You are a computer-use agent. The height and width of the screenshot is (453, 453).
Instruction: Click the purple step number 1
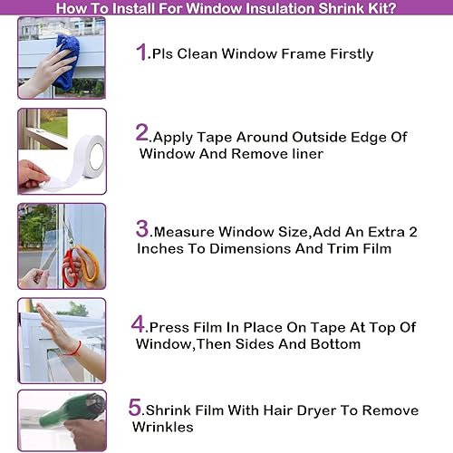pyautogui.click(x=141, y=52)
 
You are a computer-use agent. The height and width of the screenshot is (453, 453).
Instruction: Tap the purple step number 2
pyautogui.click(x=142, y=133)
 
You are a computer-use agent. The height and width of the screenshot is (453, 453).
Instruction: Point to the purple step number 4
pyautogui.click(x=139, y=324)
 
